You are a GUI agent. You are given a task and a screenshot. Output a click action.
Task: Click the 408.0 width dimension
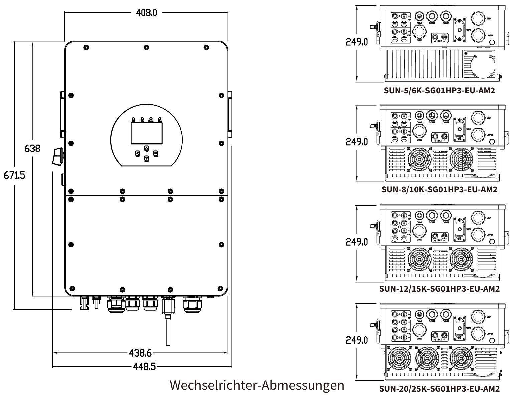[146, 13]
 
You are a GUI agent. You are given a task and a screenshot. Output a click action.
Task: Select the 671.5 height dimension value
[14, 175]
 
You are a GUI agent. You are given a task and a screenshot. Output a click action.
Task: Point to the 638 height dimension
[32, 148]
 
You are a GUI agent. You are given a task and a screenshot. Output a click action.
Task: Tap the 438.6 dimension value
[140, 353]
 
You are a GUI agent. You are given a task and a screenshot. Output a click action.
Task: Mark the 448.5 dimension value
[144, 367]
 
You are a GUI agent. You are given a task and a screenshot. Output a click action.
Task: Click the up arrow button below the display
[146, 148]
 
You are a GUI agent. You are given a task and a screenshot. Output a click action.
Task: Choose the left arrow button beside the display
[137, 153]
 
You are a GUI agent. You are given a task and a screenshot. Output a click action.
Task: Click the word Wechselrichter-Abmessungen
[257, 385]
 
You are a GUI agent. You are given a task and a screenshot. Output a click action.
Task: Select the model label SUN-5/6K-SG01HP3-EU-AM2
[440, 90]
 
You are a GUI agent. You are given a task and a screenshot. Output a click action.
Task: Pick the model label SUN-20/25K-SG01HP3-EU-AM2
[440, 389]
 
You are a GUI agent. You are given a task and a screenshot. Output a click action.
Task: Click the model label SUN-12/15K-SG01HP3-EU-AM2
[440, 289]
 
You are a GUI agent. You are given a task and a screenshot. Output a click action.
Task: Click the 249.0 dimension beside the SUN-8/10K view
[357, 142]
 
